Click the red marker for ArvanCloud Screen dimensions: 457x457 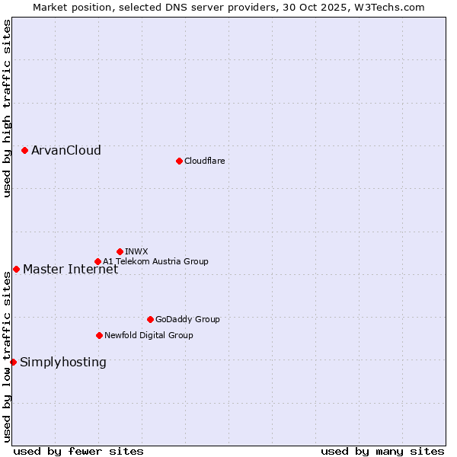pyautogui.click(x=25, y=151)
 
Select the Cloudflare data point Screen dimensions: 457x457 pyautogui.click(x=179, y=161)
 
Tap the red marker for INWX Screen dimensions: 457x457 pyautogui.click(x=120, y=251)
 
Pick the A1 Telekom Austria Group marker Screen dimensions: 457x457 pyautogui.click(x=97, y=261)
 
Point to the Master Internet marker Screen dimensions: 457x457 pyautogui.click(x=16, y=269)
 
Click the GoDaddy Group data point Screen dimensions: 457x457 pyautogui.click(x=150, y=319)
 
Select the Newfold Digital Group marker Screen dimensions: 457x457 pyautogui.click(x=99, y=335)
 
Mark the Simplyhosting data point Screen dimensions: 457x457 pyautogui.click(x=13, y=362)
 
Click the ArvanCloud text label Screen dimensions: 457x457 pyautogui.click(x=66, y=151)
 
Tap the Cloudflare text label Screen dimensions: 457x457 pyautogui.click(x=205, y=161)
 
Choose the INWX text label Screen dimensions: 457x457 pyautogui.click(x=136, y=251)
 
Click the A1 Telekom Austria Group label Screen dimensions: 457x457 pyautogui.click(x=155, y=261)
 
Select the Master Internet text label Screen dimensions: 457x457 pyautogui.click(x=70, y=269)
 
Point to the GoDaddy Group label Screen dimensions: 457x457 pyautogui.click(x=187, y=319)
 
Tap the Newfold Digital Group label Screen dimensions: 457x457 pyautogui.click(x=149, y=335)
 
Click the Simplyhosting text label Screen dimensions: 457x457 pyautogui.click(x=63, y=362)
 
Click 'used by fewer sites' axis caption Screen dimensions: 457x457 pyautogui.click(x=78, y=451)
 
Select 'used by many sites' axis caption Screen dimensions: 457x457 pyautogui.click(x=382, y=451)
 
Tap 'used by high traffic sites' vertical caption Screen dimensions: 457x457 pyautogui.click(x=7, y=108)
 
